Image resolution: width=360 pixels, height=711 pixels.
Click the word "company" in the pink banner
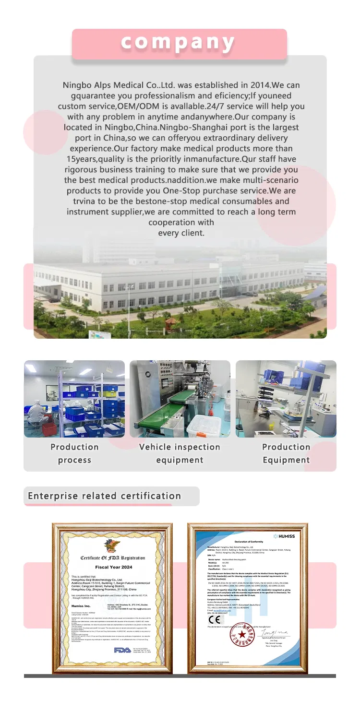click(178, 43)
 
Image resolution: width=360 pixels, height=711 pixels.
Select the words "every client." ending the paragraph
click(181, 233)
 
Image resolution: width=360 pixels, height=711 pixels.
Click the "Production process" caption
click(74, 453)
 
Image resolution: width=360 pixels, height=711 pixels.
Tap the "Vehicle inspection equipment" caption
click(180, 453)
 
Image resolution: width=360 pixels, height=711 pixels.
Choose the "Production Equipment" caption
click(286, 453)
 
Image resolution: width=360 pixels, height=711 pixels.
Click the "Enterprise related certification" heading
click(105, 496)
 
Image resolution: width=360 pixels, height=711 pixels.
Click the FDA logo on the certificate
click(121, 650)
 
